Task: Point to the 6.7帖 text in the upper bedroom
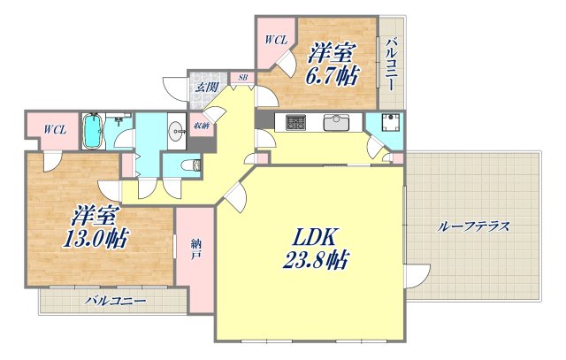coord(333,75)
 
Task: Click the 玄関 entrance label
coord(206,87)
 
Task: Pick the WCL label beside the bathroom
coord(55,130)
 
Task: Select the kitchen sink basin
coord(338,122)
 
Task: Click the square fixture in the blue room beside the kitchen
coord(387,125)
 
